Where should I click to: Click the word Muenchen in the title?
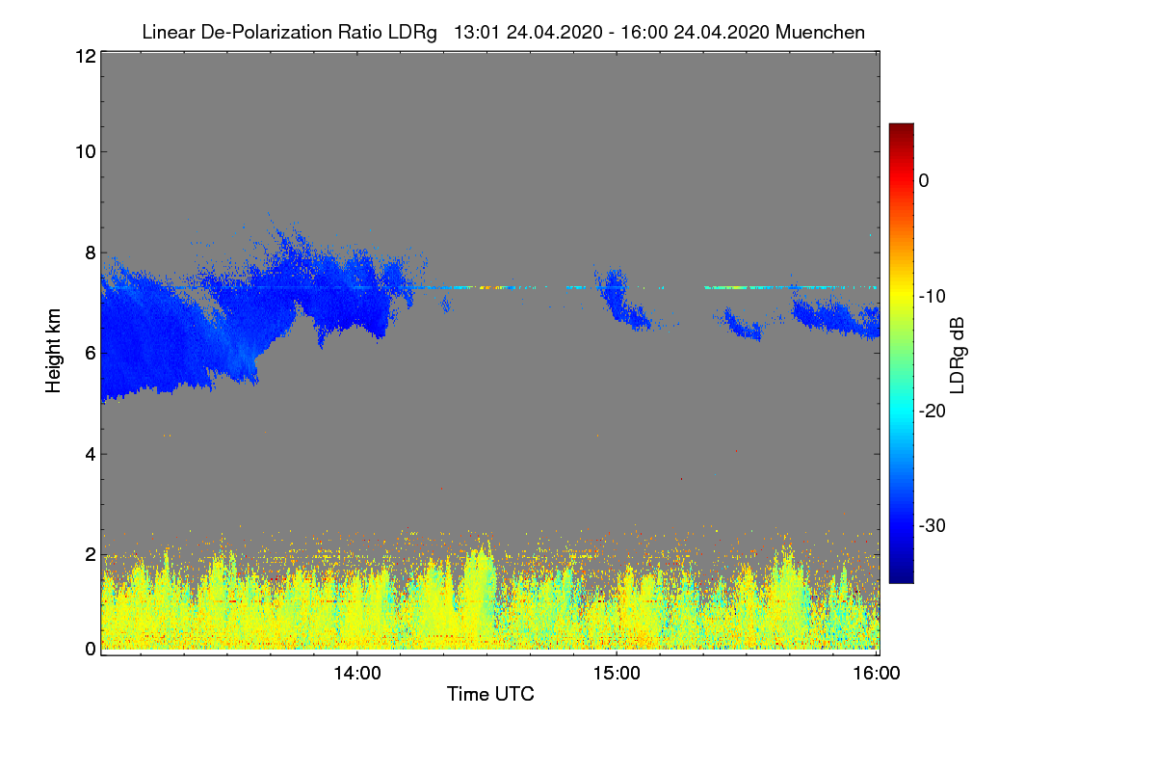(x=820, y=32)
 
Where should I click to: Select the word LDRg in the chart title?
(x=412, y=33)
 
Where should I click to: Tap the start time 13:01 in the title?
(x=476, y=32)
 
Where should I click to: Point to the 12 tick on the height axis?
(x=86, y=56)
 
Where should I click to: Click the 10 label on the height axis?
(x=86, y=152)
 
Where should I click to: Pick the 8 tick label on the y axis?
(x=91, y=253)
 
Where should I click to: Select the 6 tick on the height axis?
(x=91, y=354)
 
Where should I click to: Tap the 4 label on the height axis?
(x=91, y=455)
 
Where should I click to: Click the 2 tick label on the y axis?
(x=91, y=554)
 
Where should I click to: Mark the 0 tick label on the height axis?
(x=91, y=649)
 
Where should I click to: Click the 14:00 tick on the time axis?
(x=357, y=673)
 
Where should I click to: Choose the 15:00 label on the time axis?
(x=617, y=673)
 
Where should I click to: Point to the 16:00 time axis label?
(x=877, y=673)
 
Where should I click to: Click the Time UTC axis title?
(x=490, y=694)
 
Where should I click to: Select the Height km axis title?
(x=53, y=351)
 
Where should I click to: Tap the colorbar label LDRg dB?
(x=958, y=356)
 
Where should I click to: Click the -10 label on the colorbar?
(x=933, y=297)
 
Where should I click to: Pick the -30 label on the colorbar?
(x=933, y=525)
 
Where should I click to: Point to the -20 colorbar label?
(x=933, y=412)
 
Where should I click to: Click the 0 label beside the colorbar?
(x=924, y=181)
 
